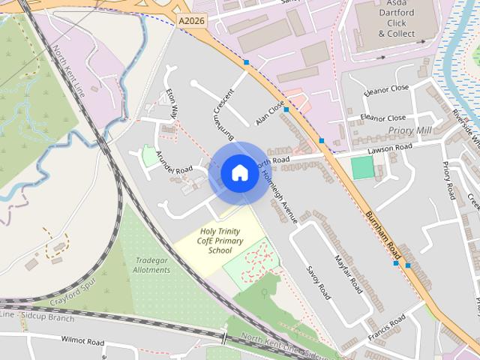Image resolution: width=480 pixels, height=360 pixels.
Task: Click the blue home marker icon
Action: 239,173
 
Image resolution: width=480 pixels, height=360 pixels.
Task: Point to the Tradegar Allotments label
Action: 151,265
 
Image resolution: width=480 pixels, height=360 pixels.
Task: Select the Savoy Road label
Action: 318,280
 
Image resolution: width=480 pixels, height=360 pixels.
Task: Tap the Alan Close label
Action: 270,113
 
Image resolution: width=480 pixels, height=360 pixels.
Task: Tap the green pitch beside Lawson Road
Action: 362,167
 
